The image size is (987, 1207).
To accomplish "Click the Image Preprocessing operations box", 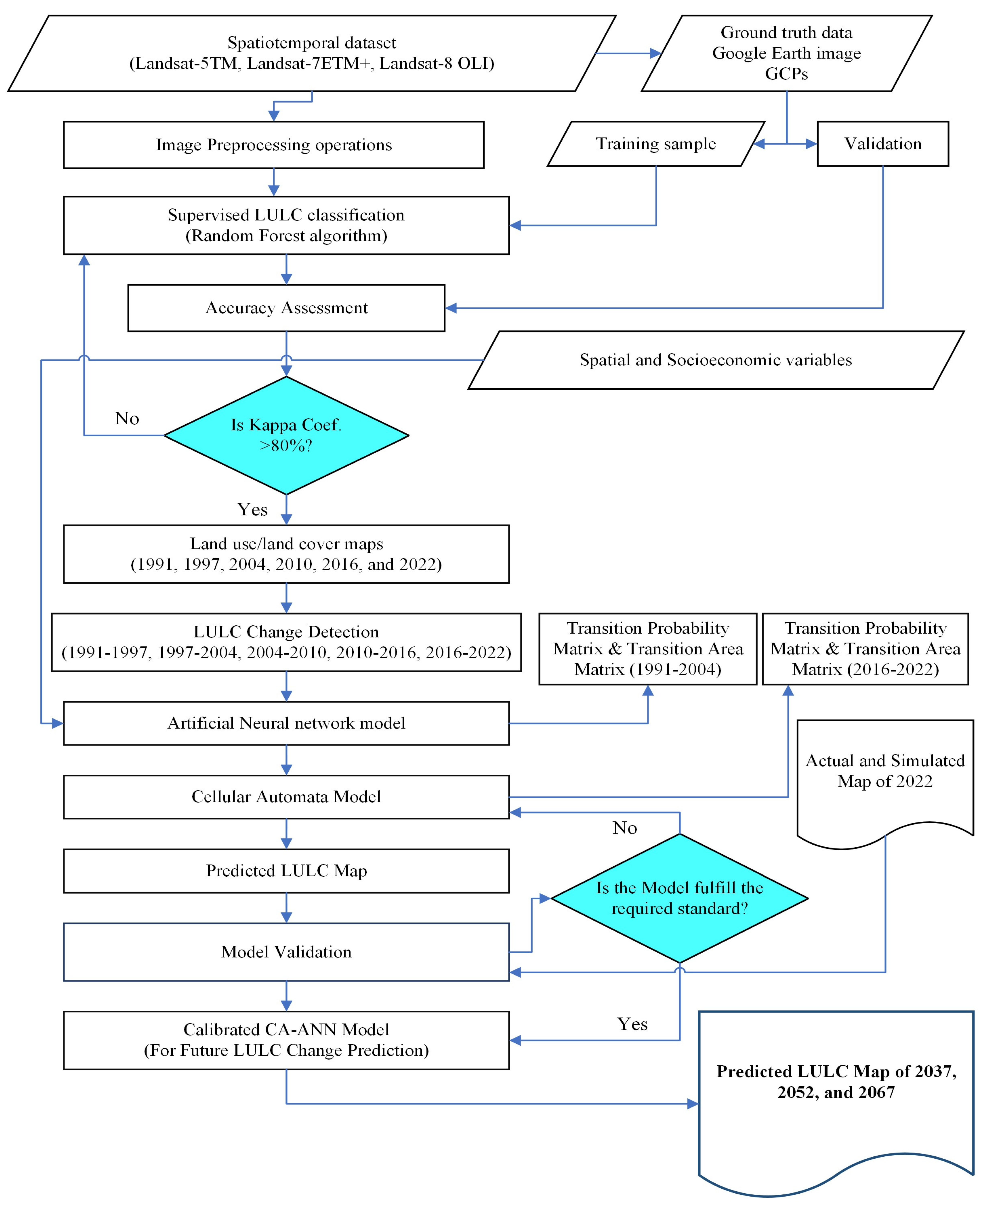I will [x=273, y=145].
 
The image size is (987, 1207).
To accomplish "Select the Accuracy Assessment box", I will [x=286, y=308].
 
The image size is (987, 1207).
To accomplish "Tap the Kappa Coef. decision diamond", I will [x=286, y=435].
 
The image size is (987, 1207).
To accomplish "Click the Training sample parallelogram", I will [x=656, y=144].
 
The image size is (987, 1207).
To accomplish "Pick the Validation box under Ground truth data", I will [x=882, y=144].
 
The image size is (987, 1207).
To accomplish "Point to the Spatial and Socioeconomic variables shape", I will [x=715, y=360].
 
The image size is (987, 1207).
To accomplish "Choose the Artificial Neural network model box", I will [x=286, y=723].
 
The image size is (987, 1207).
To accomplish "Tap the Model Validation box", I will [x=286, y=952].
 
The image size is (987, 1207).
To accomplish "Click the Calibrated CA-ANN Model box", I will [x=286, y=1040].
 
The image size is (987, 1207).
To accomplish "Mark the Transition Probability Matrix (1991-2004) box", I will [x=648, y=649].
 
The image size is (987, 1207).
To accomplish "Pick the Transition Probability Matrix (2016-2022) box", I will [x=865, y=649].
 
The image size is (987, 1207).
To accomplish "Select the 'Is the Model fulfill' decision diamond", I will [x=679, y=898].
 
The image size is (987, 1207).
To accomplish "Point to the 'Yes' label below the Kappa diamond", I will [x=252, y=509].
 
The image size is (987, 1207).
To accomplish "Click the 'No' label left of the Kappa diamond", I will [x=127, y=418].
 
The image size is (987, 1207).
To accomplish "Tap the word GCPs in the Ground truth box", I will [x=786, y=74].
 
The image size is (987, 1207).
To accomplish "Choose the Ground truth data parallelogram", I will [x=786, y=53].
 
